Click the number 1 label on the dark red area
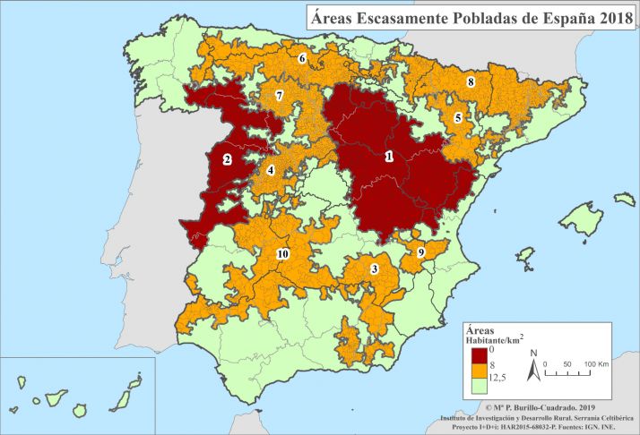click(388, 156)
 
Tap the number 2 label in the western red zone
click(228, 160)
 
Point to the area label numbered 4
click(271, 170)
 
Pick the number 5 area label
click(458, 117)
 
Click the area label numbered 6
click(302, 59)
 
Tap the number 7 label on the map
click(280, 95)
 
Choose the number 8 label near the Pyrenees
click(470, 82)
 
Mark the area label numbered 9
click(420, 253)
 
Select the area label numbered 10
click(282, 254)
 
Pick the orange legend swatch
click(475, 372)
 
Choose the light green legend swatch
click(475, 387)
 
